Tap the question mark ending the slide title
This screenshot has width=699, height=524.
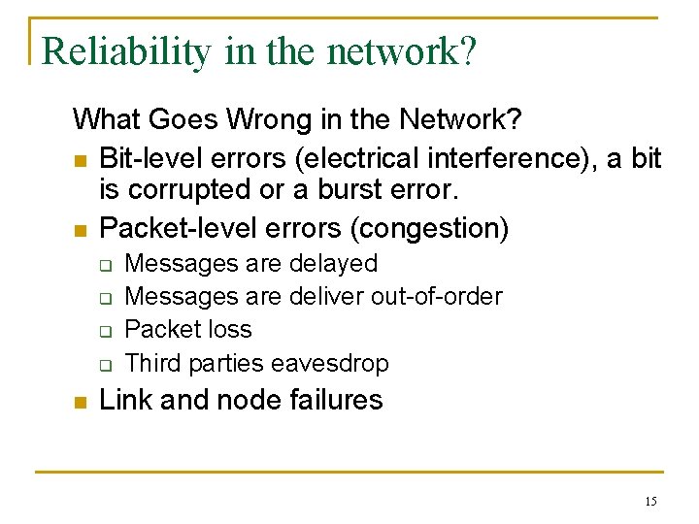pyautogui.click(x=467, y=51)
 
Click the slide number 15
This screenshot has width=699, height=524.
pyautogui.click(x=649, y=502)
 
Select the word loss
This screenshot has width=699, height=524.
pyautogui.click(x=229, y=329)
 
